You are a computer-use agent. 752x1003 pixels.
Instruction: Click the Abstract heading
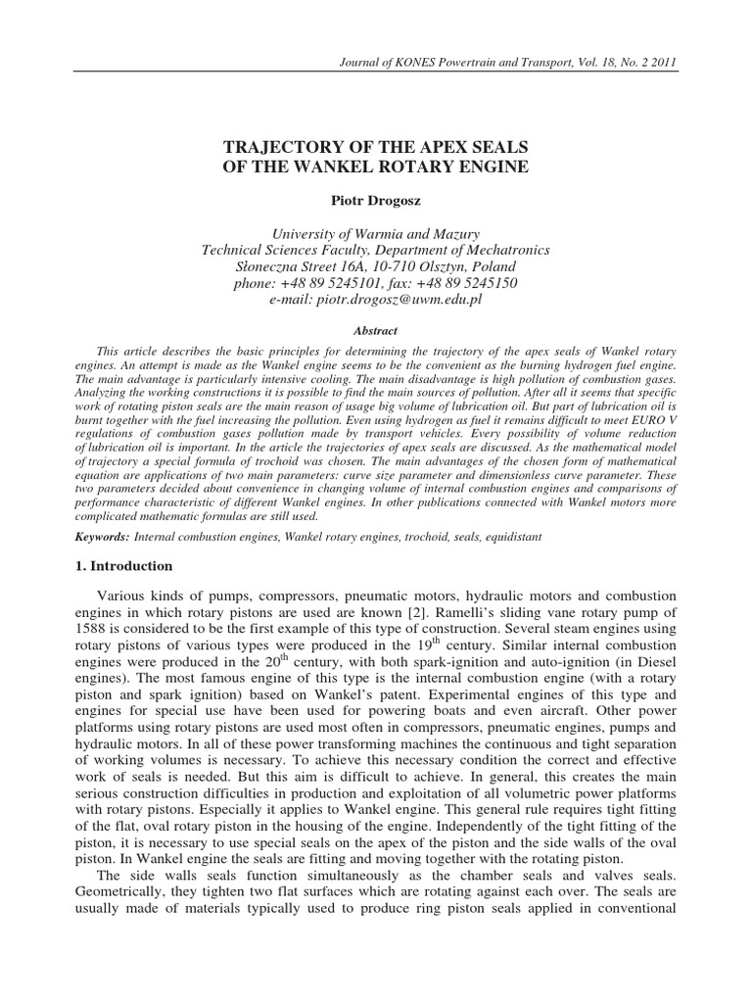click(x=375, y=332)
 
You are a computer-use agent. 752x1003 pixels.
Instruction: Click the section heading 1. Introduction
click(x=124, y=566)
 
